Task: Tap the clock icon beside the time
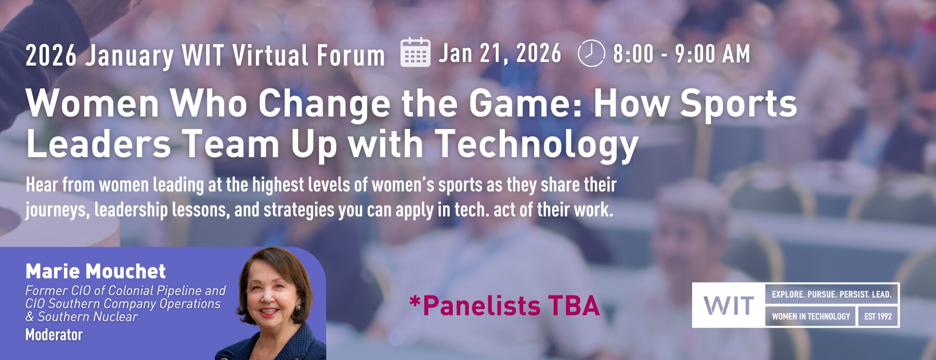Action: coord(591,53)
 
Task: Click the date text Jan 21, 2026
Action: coord(500,54)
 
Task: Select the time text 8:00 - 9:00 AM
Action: coord(681,54)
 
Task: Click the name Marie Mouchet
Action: coord(96,271)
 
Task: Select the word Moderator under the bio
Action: coord(54,335)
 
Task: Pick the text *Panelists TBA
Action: coord(504,305)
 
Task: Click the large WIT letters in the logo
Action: coord(729,305)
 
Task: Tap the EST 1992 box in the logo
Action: coord(878,316)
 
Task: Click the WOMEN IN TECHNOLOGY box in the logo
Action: coord(811,316)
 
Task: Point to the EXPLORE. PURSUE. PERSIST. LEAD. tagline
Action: coord(831,294)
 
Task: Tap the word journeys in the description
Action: coord(57,210)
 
